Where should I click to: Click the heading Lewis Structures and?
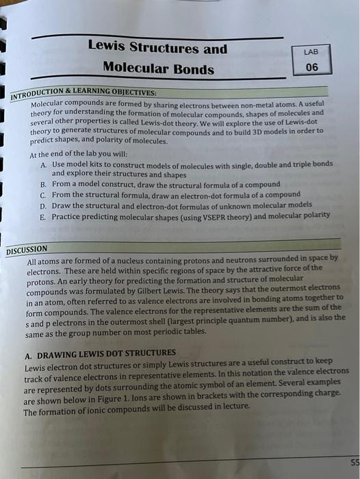click(x=157, y=49)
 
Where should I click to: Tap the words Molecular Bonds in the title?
click(x=158, y=68)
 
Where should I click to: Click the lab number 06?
click(x=312, y=67)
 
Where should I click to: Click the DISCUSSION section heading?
click(x=27, y=250)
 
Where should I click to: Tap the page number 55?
click(x=353, y=462)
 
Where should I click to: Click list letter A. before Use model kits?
click(x=44, y=165)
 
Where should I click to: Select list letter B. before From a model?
click(x=44, y=185)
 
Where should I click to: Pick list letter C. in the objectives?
click(x=44, y=195)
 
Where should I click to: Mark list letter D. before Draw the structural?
click(x=44, y=205)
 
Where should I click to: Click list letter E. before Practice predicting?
click(x=44, y=216)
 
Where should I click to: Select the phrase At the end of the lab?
click(x=69, y=155)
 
